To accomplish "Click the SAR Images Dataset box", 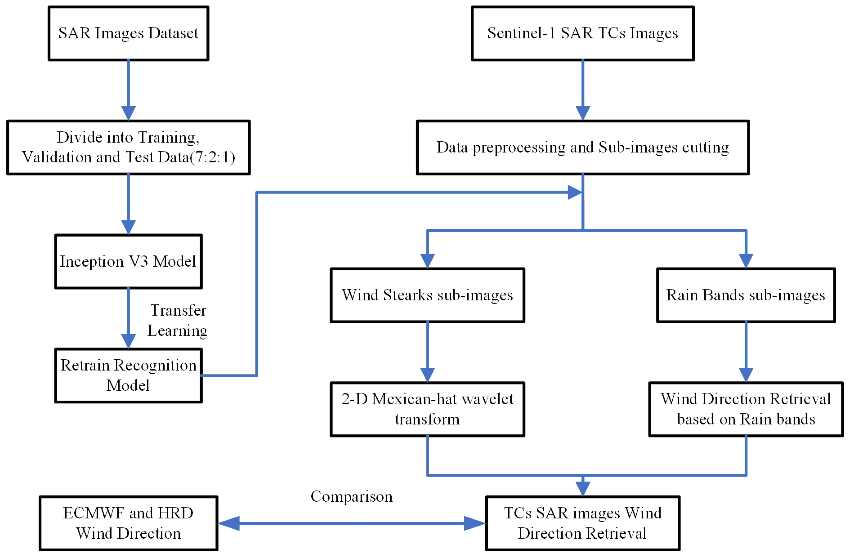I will click(x=128, y=33).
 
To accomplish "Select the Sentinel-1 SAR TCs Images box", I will click(x=583, y=33).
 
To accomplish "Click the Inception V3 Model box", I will click(x=128, y=261).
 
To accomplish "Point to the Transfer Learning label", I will click(x=178, y=320).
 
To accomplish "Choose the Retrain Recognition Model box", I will click(x=128, y=375).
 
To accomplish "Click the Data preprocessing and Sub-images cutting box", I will click(x=583, y=147).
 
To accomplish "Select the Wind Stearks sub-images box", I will click(x=427, y=295).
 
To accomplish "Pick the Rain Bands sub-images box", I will click(x=746, y=295).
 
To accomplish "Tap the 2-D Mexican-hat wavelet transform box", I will click(x=427, y=409).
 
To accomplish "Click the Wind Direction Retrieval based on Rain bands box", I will click(x=746, y=409).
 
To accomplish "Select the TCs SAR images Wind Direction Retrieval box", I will click(x=583, y=523).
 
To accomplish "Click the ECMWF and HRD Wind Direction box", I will click(x=128, y=523).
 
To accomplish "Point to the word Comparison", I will click(x=351, y=496).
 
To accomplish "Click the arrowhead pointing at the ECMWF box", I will click(x=228, y=523).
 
